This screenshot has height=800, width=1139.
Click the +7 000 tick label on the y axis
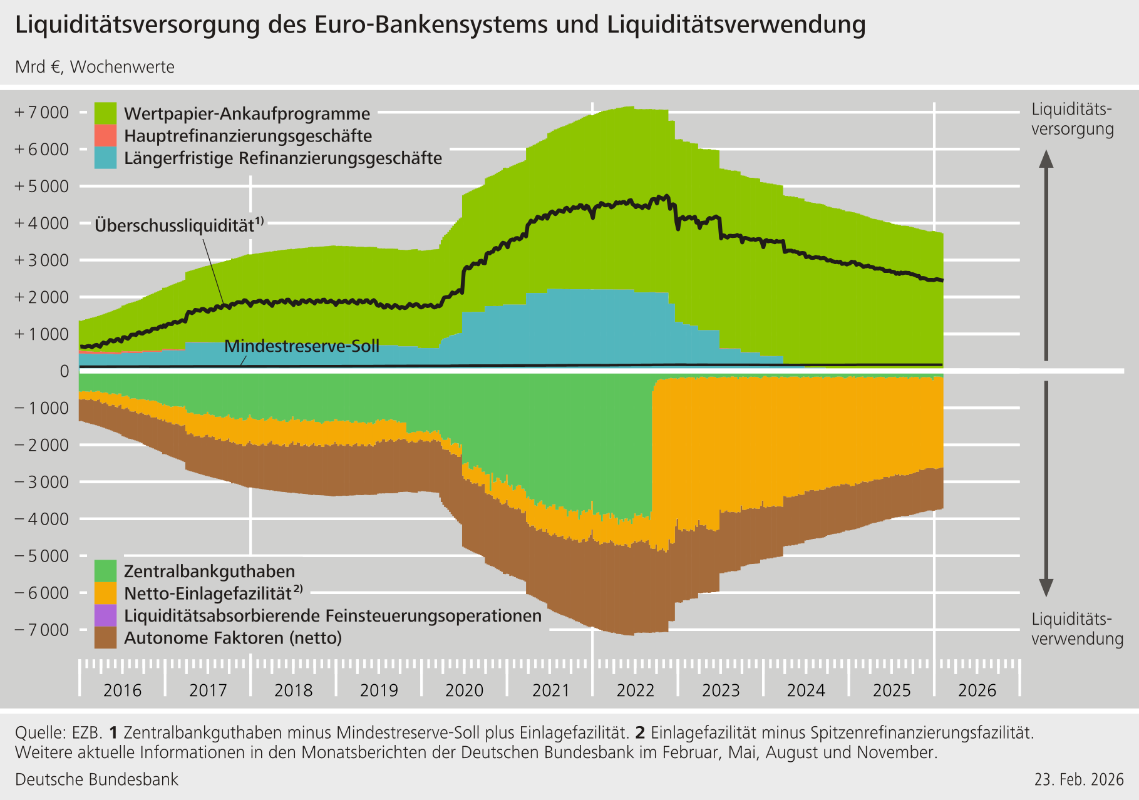click(x=41, y=113)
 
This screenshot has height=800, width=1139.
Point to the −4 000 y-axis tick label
click(x=41, y=519)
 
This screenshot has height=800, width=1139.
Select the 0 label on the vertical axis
click(x=64, y=371)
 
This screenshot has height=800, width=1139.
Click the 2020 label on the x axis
click(x=464, y=690)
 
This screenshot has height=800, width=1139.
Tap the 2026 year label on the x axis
click(x=977, y=690)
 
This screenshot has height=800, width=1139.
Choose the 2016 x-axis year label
click(x=122, y=690)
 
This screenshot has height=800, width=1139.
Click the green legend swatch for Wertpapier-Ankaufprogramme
click(x=105, y=113)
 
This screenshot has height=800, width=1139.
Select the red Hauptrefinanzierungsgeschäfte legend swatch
click(x=105, y=135)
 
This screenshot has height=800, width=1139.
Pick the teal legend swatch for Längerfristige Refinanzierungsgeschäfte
click(x=105, y=158)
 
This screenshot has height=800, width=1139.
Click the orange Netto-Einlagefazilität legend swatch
click(x=105, y=593)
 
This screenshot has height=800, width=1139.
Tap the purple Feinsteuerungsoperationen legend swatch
click(x=105, y=615)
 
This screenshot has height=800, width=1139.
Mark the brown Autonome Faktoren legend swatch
click(x=105, y=638)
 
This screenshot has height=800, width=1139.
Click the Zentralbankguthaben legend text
click(x=209, y=572)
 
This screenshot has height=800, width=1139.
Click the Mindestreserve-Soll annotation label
click(x=302, y=346)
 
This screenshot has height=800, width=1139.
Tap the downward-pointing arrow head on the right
click(x=1046, y=588)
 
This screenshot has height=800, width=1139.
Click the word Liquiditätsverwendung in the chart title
click(x=736, y=25)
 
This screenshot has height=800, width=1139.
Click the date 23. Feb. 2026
click(x=1079, y=779)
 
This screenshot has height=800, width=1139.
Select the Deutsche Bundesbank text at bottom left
click(x=96, y=779)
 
